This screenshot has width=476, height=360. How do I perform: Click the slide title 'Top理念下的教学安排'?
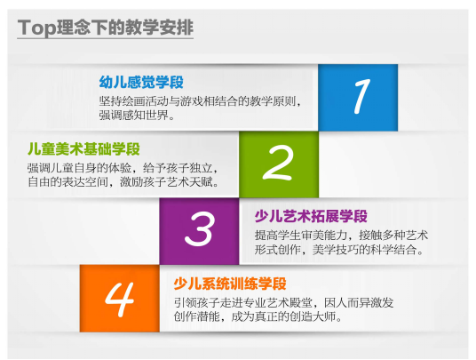(x=106, y=28)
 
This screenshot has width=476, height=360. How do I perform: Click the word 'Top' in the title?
(x=37, y=28)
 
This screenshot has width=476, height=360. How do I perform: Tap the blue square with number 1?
(x=358, y=98)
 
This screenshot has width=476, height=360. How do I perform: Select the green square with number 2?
(x=279, y=164)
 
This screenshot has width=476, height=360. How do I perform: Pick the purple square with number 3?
(x=199, y=231)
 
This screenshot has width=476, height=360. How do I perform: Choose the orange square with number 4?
(x=120, y=299)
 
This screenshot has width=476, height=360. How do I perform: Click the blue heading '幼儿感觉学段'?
(x=141, y=82)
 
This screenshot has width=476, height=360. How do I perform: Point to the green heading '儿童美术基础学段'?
(x=83, y=149)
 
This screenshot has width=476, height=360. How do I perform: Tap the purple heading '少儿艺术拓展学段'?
(x=311, y=216)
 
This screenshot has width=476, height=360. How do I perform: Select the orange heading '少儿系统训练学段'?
(x=230, y=284)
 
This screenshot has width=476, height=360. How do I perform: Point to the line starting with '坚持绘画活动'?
(x=200, y=101)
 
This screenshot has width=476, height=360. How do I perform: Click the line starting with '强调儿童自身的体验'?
(x=123, y=168)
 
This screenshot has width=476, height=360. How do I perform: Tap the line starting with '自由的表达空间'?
(x=123, y=182)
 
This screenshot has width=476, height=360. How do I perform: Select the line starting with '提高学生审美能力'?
(x=341, y=236)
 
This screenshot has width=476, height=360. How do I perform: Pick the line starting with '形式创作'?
(x=339, y=250)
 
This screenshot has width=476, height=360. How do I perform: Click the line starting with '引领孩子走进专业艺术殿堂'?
(x=283, y=302)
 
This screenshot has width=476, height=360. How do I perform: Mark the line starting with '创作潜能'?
(x=258, y=316)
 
